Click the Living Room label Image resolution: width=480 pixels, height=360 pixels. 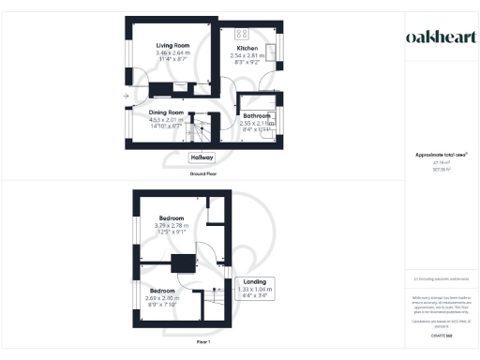click(x=172, y=45)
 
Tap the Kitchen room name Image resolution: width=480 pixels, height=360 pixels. click(x=247, y=48)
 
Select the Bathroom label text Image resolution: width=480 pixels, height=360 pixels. click(x=257, y=115)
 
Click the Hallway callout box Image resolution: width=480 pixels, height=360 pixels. click(x=202, y=158)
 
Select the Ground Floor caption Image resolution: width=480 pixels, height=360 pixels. click(x=202, y=174)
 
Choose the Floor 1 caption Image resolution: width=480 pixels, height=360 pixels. click(x=202, y=343)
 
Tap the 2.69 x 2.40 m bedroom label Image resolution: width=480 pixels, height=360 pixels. click(x=163, y=298)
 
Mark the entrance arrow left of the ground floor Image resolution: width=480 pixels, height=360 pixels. click(x=126, y=97)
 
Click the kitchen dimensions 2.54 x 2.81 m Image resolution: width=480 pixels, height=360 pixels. click(x=247, y=55)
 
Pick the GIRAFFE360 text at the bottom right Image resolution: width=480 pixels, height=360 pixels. click(x=441, y=335)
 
